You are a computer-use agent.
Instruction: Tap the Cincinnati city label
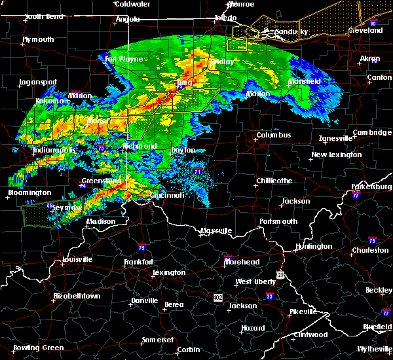(166, 195)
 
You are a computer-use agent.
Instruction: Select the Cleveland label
(365, 31)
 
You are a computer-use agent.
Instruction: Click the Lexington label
(169, 272)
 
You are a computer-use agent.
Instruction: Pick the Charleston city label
(370, 250)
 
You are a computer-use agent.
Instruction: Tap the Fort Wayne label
(124, 59)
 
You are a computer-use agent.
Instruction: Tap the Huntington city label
(314, 246)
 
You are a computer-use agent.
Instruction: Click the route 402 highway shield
(217, 297)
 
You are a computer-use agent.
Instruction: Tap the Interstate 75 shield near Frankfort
(142, 247)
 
